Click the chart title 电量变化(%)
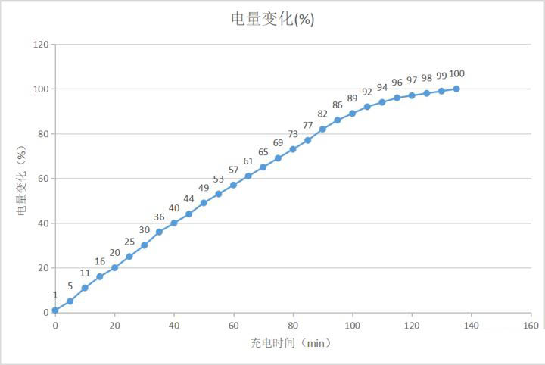click(x=272, y=20)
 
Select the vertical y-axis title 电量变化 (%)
click(x=22, y=179)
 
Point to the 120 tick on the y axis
click(x=41, y=45)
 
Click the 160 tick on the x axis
click(x=531, y=325)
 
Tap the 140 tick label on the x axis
click(x=471, y=325)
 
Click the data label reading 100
click(x=456, y=74)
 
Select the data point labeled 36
click(x=159, y=232)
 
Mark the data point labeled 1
click(x=55, y=310)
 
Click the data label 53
click(x=219, y=179)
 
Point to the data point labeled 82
click(x=322, y=129)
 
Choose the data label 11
click(x=85, y=273)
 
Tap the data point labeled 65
click(x=263, y=167)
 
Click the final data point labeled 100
click(x=456, y=89)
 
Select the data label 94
click(x=382, y=88)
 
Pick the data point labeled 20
click(x=114, y=267)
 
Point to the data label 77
click(x=307, y=126)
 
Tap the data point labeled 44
click(x=188, y=214)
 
